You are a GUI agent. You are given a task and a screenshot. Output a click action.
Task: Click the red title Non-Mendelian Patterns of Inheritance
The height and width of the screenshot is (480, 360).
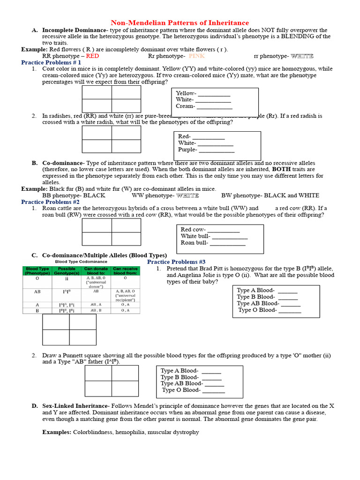click(180, 22)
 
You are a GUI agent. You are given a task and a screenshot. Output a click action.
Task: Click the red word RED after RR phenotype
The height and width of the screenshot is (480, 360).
click(92, 56)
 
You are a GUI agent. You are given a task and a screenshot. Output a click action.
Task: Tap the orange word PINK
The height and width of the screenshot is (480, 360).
click(197, 56)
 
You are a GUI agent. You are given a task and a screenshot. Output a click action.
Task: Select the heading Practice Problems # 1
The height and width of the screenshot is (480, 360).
click(51, 62)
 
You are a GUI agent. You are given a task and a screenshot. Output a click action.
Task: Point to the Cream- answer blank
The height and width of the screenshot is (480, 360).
click(214, 106)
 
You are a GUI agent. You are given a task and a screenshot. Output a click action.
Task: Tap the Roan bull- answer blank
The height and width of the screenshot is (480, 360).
click(227, 242)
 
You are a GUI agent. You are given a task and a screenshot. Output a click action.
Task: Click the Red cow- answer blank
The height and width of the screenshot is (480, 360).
click(223, 229)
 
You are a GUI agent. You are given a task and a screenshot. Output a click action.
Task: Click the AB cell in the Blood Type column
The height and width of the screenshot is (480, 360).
click(37, 292)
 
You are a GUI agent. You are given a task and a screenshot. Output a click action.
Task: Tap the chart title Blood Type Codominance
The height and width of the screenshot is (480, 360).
click(81, 262)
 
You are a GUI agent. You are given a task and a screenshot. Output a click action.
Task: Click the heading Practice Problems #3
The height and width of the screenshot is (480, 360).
click(176, 262)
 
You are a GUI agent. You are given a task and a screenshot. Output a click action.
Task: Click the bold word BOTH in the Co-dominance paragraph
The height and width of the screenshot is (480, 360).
click(281, 169)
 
